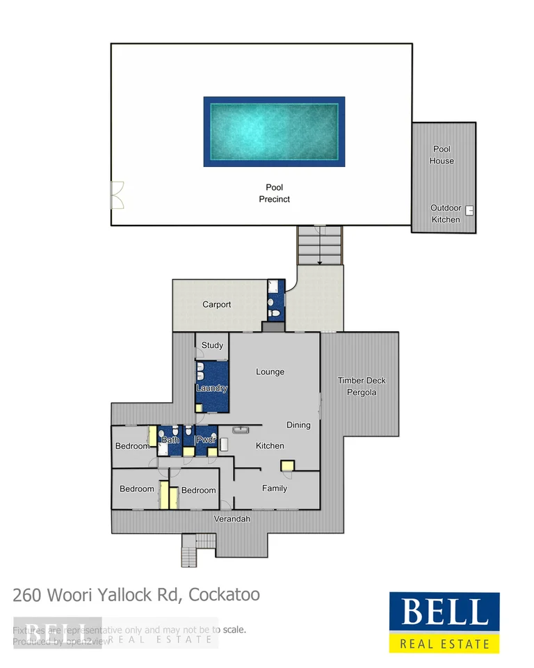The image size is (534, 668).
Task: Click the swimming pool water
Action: pos(274,131)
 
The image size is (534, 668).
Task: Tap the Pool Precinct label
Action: pos(274,193)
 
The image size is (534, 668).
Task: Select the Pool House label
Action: pos(442,154)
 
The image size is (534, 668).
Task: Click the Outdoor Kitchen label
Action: pos(445,214)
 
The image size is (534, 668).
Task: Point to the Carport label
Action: pos(216,305)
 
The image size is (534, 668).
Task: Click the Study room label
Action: pos(212,345)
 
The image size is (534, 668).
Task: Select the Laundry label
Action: pos(211,388)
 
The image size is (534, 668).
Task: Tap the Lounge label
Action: pos(270,372)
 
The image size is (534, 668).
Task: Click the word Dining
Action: pos(298,425)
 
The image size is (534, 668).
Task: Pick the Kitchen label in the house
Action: pos(270,446)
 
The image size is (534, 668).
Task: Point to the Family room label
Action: pos(275,488)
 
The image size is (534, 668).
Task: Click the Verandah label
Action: pos(232,519)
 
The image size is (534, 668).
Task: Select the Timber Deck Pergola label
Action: pos(362,386)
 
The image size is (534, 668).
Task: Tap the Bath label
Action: pos(170,440)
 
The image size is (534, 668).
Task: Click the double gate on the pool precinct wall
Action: pos(117,196)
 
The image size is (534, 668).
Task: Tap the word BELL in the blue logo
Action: pos(444,612)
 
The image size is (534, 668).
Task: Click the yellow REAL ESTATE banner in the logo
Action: pos(444,644)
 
